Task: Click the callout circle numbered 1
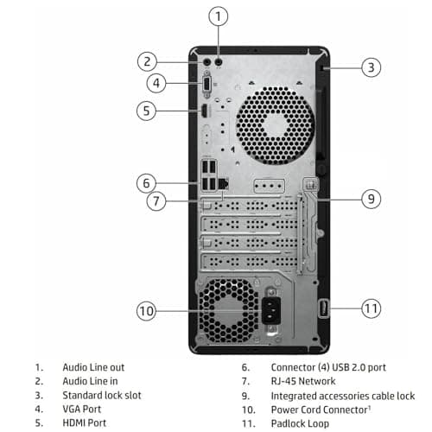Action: (x=219, y=15)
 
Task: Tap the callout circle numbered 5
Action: (x=148, y=110)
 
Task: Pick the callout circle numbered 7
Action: (x=156, y=201)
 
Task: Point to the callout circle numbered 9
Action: (x=371, y=198)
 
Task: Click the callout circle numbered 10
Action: (x=148, y=309)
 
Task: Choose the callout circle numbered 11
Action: (x=371, y=307)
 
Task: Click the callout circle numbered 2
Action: (x=148, y=60)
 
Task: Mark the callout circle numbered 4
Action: (x=156, y=83)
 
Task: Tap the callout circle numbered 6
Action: (x=148, y=182)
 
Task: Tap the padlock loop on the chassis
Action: (x=323, y=307)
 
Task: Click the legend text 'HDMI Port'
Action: (x=85, y=422)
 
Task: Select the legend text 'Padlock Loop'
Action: (x=299, y=422)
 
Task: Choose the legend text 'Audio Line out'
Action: (x=93, y=367)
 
